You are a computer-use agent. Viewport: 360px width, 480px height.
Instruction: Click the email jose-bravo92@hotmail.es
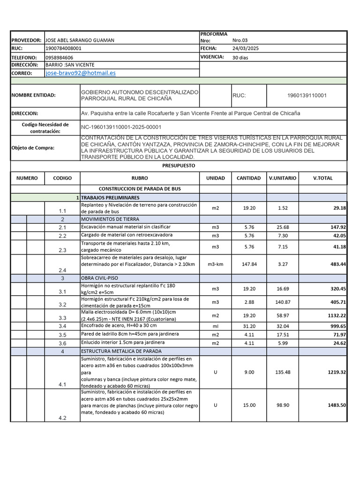[81, 73]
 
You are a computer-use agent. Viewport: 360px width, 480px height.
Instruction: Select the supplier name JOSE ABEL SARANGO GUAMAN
[80, 40]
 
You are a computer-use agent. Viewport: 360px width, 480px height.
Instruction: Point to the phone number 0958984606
[59, 57]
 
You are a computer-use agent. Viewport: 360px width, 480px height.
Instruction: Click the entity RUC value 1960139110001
[307, 95]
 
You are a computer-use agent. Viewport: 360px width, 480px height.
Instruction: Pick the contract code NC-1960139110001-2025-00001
[121, 127]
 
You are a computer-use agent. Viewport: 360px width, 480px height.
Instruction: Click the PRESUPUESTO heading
[178, 166]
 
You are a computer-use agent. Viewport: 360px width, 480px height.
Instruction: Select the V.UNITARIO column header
[282, 178]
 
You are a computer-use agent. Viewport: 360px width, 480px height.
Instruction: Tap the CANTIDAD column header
[248, 178]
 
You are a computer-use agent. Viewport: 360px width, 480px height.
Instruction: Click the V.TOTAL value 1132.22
[336, 315]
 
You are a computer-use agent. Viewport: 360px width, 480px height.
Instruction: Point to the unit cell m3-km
[215, 264]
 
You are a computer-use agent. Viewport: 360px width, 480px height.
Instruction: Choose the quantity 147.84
[248, 264]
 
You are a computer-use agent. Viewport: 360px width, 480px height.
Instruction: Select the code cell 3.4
[62, 326]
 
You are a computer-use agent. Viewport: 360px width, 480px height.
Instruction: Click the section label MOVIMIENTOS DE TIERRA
[110, 219]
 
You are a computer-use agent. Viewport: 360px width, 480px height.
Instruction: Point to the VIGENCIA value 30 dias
[241, 57]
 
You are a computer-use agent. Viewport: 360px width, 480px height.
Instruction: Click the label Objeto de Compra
[33, 148]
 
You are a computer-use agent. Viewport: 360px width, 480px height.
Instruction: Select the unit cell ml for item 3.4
[215, 326]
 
